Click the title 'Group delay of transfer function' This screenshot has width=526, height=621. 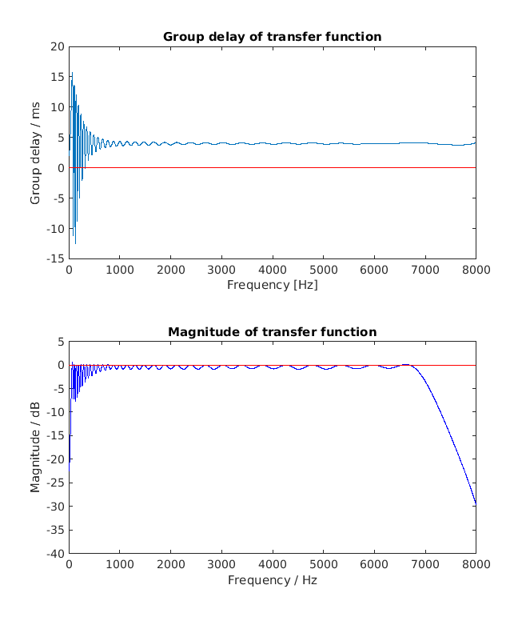click(272, 37)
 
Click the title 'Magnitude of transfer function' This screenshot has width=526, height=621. click(272, 332)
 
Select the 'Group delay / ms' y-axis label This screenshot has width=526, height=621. click(35, 152)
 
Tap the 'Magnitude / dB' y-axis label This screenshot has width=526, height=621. click(35, 447)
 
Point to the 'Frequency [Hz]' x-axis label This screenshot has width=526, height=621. click(272, 285)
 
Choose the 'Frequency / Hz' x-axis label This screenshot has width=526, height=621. click(272, 580)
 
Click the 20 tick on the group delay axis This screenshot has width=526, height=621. click(58, 46)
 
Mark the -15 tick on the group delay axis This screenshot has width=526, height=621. click(54, 258)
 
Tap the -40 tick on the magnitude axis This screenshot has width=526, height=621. click(54, 554)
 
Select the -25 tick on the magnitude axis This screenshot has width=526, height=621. click(54, 483)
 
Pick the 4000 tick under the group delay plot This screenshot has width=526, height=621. click(272, 270)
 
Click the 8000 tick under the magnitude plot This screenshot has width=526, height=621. click(476, 566)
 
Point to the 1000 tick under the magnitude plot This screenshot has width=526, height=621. click(120, 566)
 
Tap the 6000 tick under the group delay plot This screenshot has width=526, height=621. click(374, 270)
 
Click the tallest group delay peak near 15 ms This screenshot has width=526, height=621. click(72, 73)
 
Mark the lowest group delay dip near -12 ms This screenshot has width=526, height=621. click(75, 243)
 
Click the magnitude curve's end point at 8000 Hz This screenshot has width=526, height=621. click(476, 504)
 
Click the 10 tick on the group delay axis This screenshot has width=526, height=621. click(58, 107)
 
